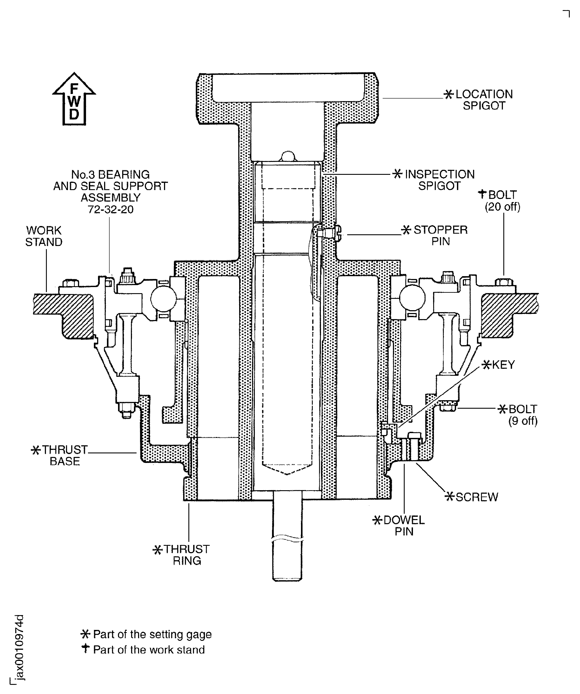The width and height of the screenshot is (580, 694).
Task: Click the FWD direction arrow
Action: pos(74,99)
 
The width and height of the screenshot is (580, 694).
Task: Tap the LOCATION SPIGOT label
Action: pos(484,100)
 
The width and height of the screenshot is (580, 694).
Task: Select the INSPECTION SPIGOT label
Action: pos(439,180)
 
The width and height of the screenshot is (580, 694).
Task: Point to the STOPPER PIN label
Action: pos(440,236)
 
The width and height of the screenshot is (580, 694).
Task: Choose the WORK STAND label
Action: pos(44,236)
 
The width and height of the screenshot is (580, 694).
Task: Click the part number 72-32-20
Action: pos(111,209)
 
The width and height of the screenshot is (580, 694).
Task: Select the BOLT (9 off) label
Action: pos(523,415)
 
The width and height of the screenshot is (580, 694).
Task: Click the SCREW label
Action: pos(476,497)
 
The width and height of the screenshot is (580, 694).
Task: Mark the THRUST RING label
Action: pos(187,555)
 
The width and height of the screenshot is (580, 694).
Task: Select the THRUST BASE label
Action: pos(64,455)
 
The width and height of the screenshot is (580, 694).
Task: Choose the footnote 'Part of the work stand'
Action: pos(149,650)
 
